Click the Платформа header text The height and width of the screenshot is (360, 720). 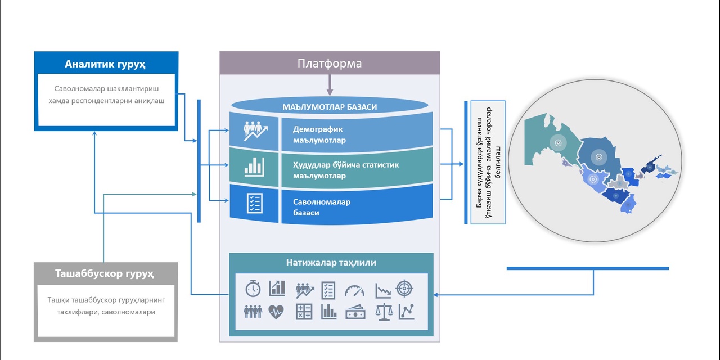(x=330, y=63)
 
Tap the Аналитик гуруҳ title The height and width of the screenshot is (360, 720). (x=105, y=64)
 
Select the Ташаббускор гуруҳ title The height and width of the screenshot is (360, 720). (x=105, y=274)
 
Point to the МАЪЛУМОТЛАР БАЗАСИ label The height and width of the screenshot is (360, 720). (x=330, y=106)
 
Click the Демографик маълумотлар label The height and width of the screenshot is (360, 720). (x=319, y=134)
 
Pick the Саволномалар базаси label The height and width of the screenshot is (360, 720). (x=321, y=207)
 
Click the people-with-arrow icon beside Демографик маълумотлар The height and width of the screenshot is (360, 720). (x=255, y=130)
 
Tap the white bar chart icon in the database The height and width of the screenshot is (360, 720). (x=254, y=166)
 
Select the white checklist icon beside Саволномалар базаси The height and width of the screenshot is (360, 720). (x=254, y=203)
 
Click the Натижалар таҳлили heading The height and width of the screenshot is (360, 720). (x=331, y=262)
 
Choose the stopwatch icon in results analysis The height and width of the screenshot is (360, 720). (x=253, y=289)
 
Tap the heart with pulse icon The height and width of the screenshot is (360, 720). (x=276, y=311)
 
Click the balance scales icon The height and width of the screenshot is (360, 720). (x=384, y=311)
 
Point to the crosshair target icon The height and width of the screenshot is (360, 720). (x=405, y=289)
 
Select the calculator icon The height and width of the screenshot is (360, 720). (x=304, y=311)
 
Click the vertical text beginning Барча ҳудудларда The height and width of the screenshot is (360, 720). (x=488, y=162)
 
